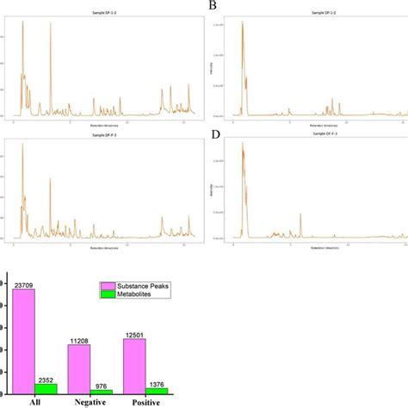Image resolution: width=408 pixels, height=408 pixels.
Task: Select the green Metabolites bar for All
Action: [x=46, y=388]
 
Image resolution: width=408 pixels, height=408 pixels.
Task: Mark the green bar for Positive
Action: [x=157, y=390]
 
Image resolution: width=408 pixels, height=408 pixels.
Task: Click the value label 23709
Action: [x=24, y=284]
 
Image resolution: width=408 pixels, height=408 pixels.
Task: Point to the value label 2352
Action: [x=47, y=378]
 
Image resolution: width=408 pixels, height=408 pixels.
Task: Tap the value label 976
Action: [x=102, y=384]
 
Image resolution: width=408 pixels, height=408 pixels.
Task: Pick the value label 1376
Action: [x=157, y=381]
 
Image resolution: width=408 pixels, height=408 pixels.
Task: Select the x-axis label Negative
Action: [x=90, y=402]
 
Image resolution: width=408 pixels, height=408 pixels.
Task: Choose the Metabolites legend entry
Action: [x=137, y=297]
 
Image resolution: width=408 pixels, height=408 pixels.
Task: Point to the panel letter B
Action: [x=212, y=6]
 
